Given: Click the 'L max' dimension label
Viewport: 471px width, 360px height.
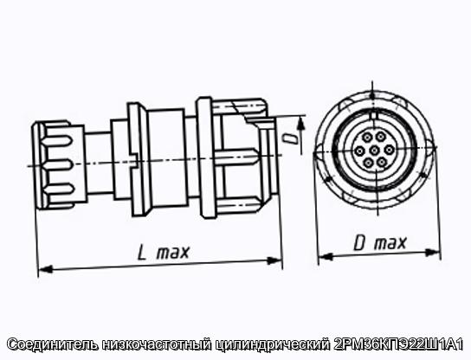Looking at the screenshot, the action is coord(163,253).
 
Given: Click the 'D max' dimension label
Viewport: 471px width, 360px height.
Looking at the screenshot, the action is coord(380,242).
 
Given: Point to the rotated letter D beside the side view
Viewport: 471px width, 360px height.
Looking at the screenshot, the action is coord(290,139).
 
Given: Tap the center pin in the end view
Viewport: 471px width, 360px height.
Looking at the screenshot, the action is coord(374,150).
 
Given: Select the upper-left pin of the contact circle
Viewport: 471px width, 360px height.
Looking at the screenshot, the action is coord(367,138).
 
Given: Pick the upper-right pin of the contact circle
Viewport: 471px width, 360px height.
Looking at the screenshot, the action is coord(381,137).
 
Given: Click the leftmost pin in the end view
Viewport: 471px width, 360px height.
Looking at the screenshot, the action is coord(359,151).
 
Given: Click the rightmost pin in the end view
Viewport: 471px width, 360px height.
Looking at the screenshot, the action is coord(389,149).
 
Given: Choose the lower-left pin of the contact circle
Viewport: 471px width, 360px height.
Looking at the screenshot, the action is coord(367,163).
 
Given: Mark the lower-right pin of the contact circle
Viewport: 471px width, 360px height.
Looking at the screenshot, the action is coord(381,163).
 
